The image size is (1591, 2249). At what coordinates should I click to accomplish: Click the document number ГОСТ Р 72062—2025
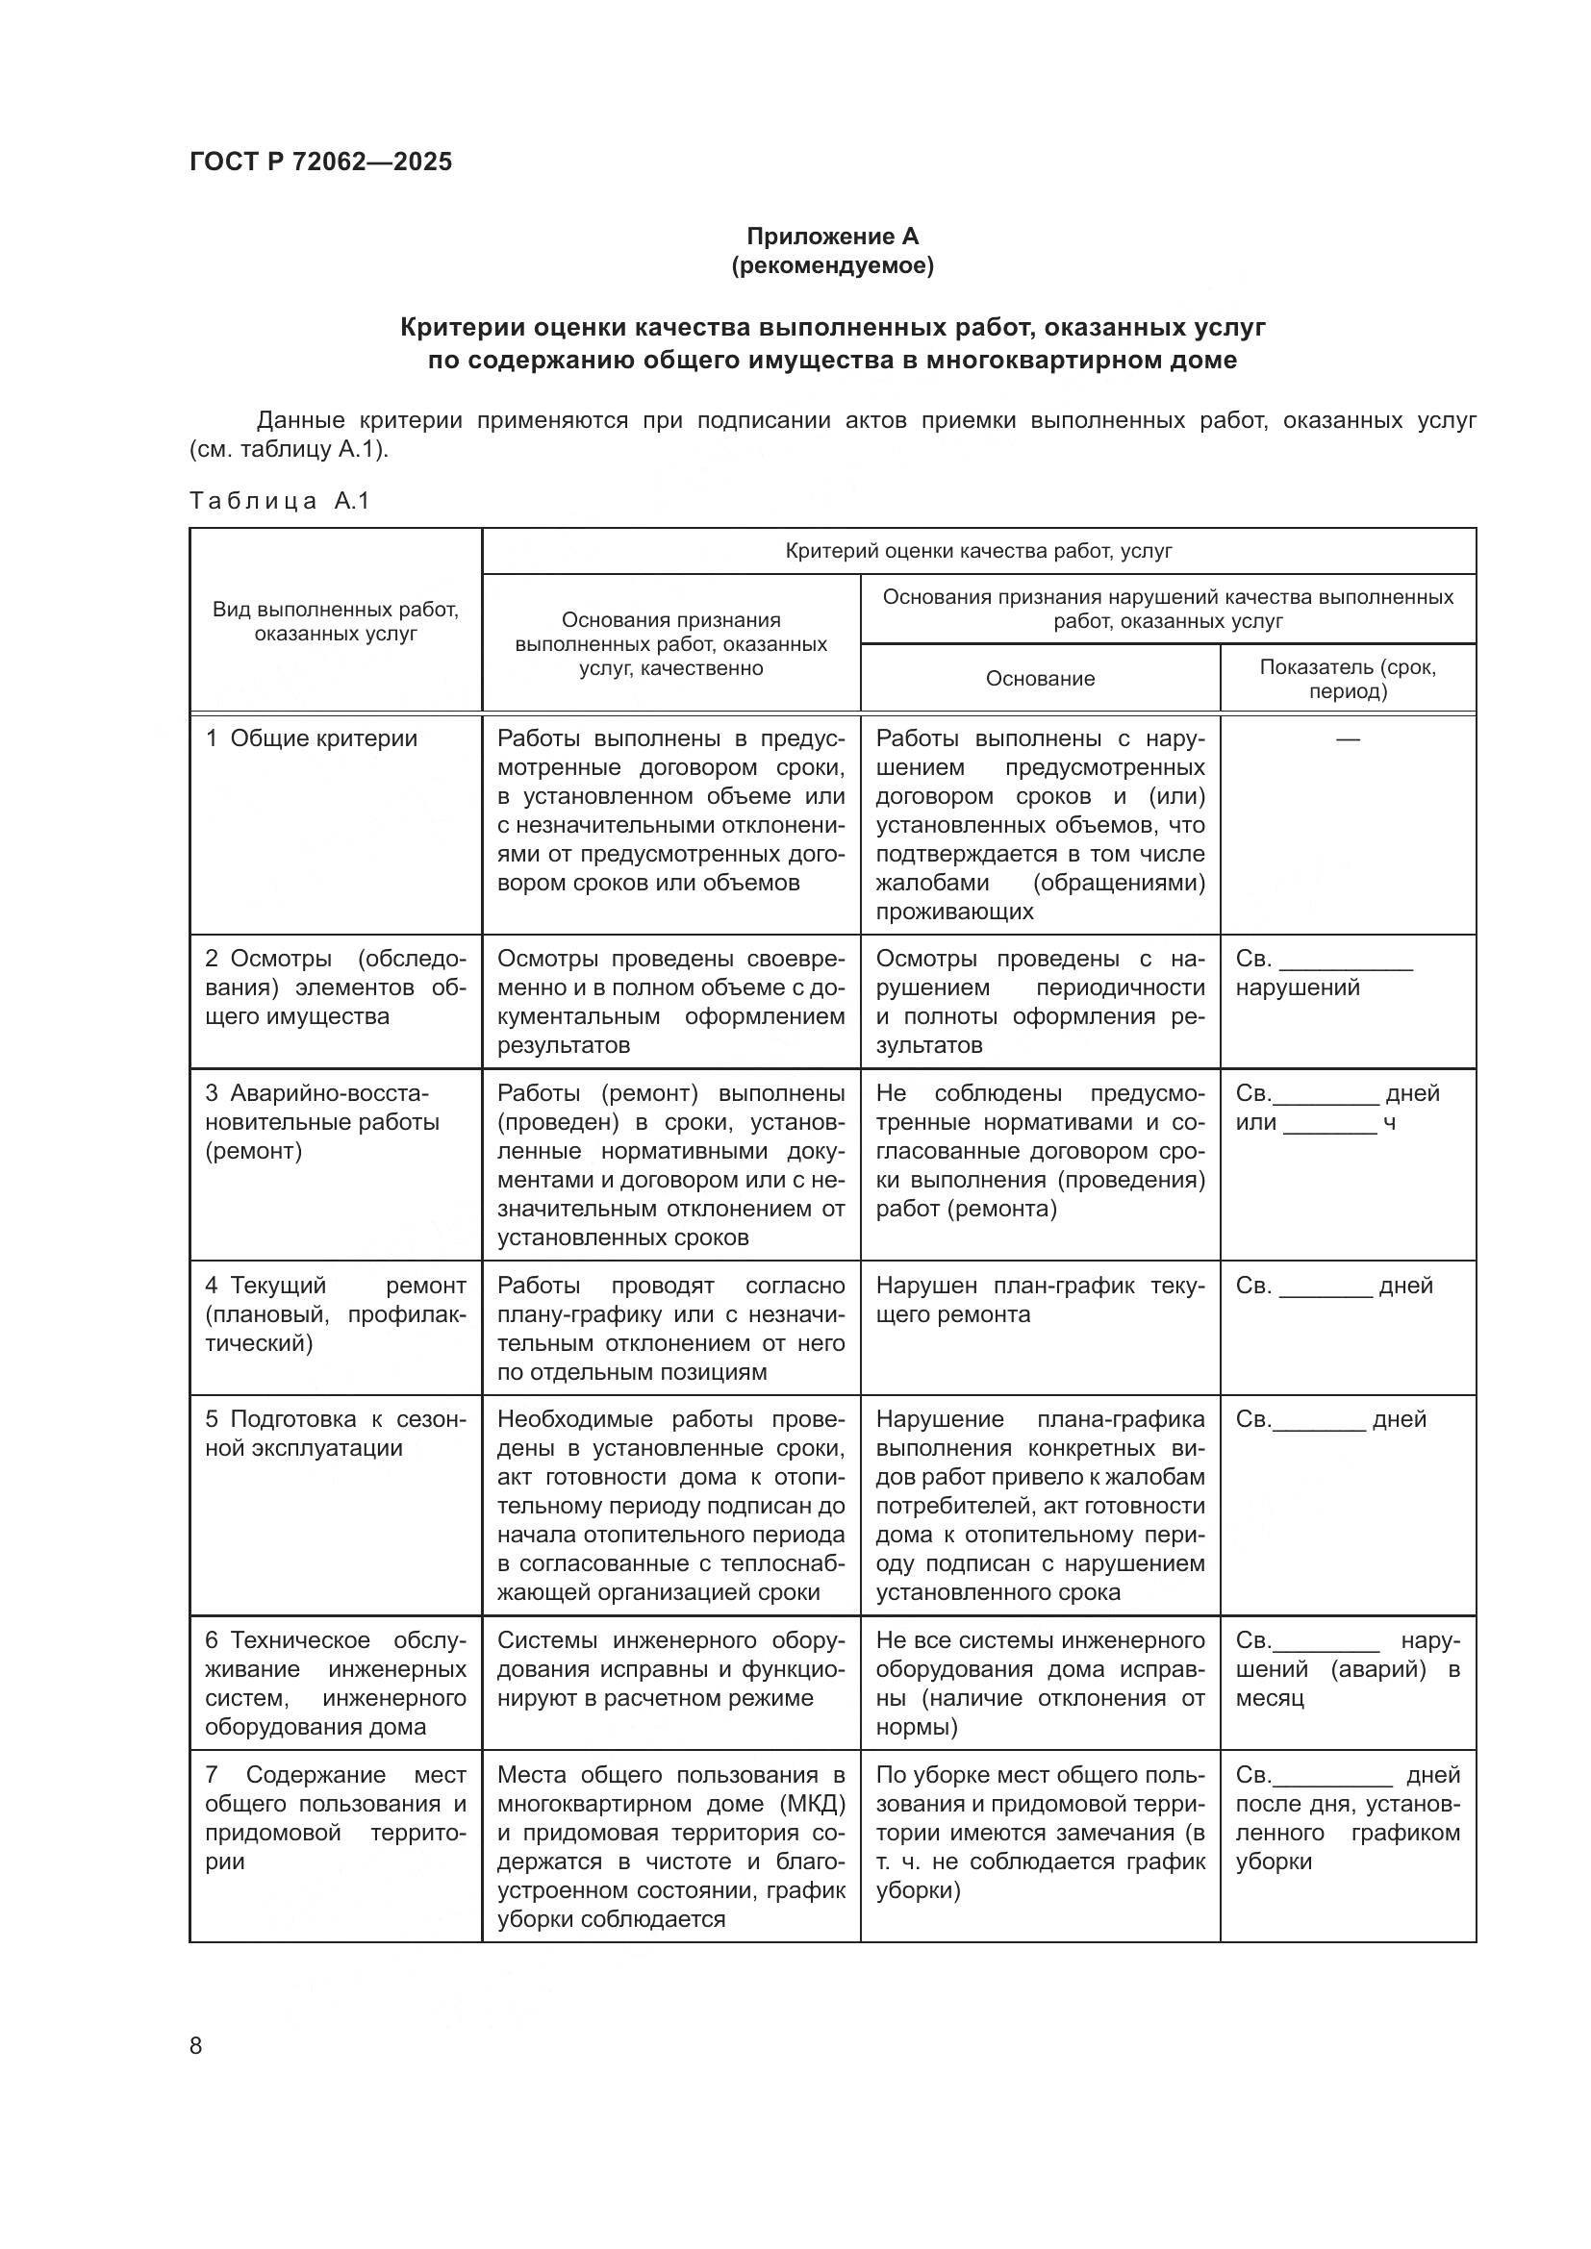(x=320, y=162)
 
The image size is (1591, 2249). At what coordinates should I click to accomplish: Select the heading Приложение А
(x=832, y=237)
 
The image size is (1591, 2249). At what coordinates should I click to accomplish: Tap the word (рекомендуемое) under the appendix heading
(x=832, y=265)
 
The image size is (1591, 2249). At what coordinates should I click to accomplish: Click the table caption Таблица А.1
(x=279, y=502)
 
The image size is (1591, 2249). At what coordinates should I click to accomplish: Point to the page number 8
(x=196, y=2045)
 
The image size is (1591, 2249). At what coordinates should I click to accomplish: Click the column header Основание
(x=1040, y=679)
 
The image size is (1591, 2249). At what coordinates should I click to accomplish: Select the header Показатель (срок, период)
(x=1347, y=679)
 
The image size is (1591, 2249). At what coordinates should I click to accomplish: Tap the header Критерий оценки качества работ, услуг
(x=977, y=552)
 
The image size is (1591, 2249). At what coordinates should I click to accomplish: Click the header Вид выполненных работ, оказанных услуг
(x=335, y=621)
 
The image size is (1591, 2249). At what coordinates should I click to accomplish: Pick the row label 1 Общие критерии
(x=312, y=738)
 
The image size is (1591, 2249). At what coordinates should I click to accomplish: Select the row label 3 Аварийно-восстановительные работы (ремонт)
(x=323, y=1121)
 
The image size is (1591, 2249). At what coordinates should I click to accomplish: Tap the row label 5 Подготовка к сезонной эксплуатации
(x=335, y=1433)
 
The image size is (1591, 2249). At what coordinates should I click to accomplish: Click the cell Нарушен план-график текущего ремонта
(x=1040, y=1300)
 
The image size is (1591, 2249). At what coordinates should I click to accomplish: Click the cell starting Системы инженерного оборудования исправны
(x=670, y=1668)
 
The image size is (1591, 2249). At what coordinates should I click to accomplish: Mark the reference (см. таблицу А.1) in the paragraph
(x=287, y=451)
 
